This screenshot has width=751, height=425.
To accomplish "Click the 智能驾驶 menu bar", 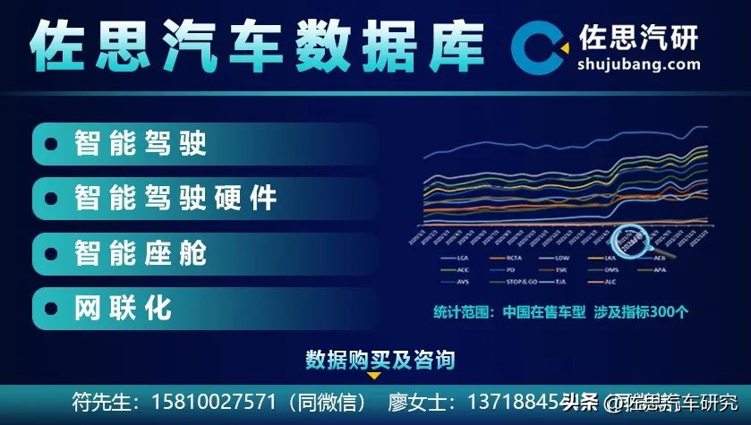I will tap(201, 143).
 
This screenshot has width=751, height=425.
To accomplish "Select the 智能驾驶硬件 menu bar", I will tap(201, 198).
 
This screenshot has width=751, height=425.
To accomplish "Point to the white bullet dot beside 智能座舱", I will tap(53, 253).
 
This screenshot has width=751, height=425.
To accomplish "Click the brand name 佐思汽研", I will tap(639, 35).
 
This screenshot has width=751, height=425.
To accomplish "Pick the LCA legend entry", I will tap(462, 258).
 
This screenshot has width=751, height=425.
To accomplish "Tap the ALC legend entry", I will tap(611, 282).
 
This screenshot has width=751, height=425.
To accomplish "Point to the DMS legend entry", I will tap(611, 269).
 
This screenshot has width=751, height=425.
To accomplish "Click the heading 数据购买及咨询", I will tap(380, 360).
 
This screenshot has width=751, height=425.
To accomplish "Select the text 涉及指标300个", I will tap(641, 312).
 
